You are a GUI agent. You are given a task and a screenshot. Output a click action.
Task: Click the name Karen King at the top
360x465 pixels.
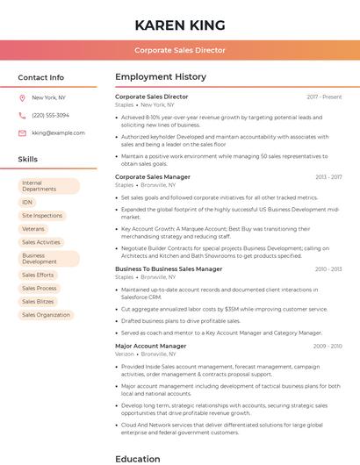click(x=179, y=25)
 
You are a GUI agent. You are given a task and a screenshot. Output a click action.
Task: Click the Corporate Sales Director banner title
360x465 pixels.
click(x=179, y=50)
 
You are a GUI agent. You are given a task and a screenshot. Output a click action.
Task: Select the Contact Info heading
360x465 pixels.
click(x=40, y=77)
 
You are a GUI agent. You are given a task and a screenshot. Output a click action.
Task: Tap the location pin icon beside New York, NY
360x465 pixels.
click(x=22, y=97)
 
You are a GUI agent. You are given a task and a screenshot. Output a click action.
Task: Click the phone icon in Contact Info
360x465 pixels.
click(x=22, y=115)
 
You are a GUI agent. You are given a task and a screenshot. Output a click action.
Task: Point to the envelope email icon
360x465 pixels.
click(x=22, y=133)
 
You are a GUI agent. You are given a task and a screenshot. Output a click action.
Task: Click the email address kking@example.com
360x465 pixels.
click(x=58, y=133)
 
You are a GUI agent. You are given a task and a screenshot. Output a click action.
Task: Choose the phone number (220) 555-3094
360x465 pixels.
click(x=50, y=115)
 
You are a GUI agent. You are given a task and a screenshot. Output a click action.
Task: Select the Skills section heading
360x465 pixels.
click(x=28, y=159)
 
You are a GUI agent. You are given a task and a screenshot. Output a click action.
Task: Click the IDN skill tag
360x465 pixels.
click(x=27, y=202)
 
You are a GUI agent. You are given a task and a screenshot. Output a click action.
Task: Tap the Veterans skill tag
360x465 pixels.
click(x=33, y=229)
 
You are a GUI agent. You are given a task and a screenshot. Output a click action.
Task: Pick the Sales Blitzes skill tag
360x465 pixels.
click(x=38, y=301)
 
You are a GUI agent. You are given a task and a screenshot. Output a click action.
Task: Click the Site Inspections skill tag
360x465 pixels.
click(x=42, y=215)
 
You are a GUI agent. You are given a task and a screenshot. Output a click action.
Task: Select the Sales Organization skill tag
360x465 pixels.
click(x=46, y=314)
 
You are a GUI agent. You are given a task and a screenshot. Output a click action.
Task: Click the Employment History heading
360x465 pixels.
click(x=160, y=77)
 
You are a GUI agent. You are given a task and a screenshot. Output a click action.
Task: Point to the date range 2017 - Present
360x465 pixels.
click(x=324, y=97)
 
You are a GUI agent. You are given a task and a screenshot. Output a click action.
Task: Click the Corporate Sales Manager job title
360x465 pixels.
click(x=152, y=176)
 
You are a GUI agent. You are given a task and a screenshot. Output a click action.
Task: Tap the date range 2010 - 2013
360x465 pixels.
click(x=328, y=269)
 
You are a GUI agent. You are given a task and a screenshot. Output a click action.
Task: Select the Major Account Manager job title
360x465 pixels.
click(x=150, y=346)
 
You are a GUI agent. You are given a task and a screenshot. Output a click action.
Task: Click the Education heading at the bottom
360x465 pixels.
click(x=137, y=458)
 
